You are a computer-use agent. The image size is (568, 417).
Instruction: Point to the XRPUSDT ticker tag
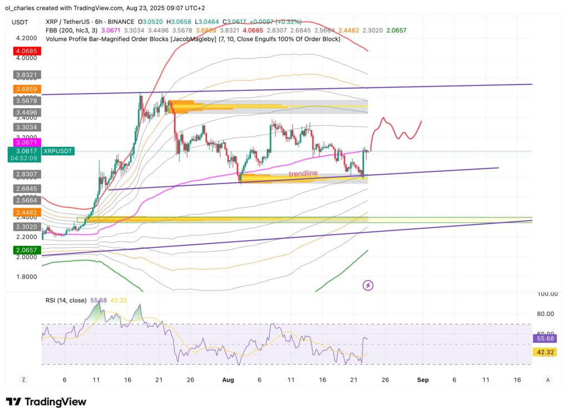(x=58, y=151)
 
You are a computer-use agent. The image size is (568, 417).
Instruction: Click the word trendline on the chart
(x=303, y=174)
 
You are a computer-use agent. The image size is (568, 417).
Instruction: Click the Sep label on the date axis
(x=423, y=380)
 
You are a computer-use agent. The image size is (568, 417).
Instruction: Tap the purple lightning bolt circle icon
(x=368, y=285)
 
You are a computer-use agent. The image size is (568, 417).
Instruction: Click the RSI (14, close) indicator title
(x=65, y=300)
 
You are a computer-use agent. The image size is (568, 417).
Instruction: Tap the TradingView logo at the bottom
(x=46, y=401)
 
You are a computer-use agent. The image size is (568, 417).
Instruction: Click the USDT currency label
(x=19, y=23)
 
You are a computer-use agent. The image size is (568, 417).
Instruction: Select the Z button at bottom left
(x=24, y=380)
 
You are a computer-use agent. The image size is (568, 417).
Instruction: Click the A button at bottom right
(x=547, y=380)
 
